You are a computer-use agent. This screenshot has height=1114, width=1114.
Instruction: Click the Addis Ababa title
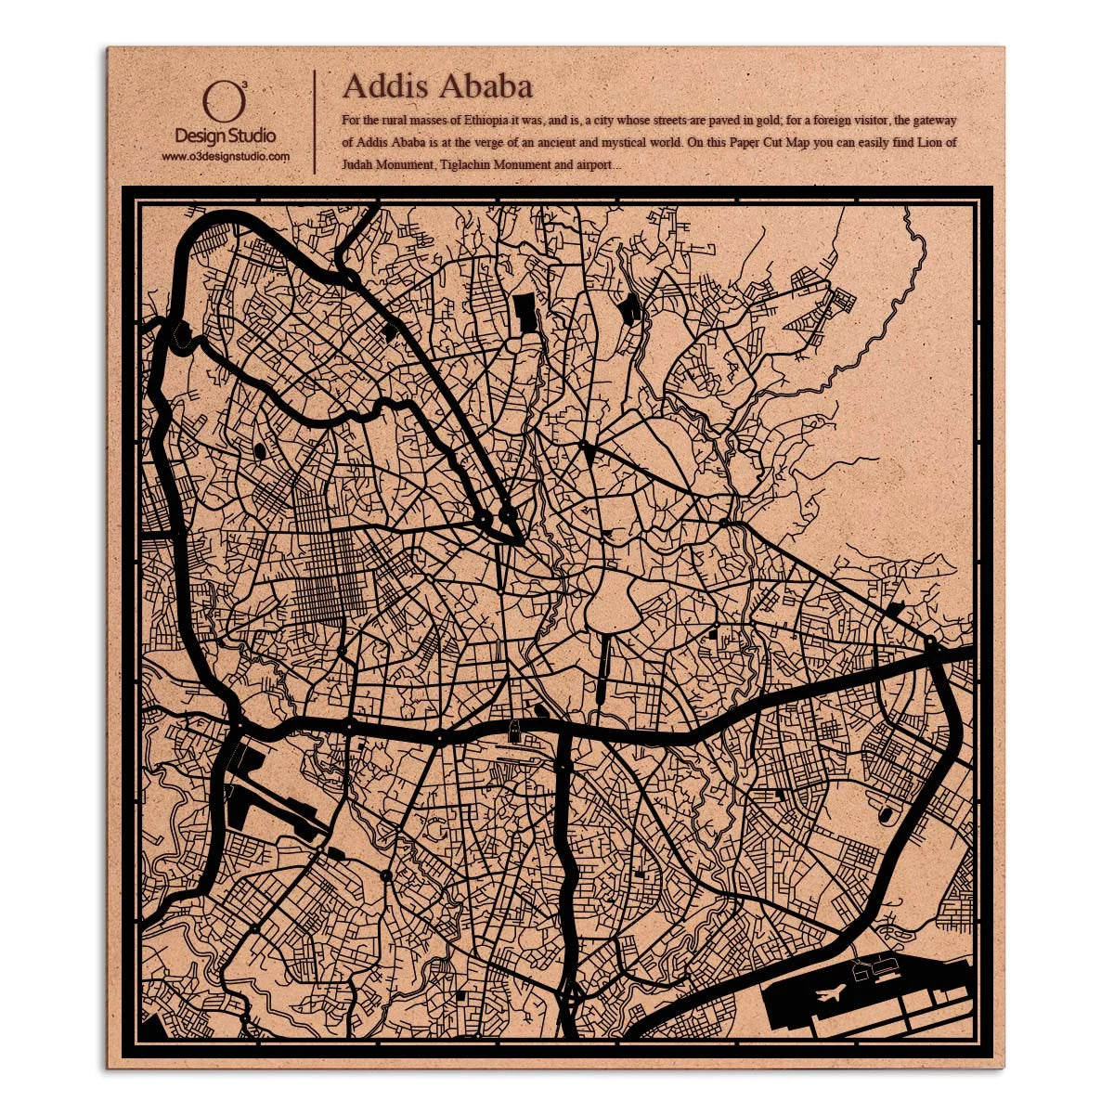[437, 86]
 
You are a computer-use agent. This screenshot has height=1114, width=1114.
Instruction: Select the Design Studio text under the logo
[225, 136]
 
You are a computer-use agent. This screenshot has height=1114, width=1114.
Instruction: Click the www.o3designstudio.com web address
[226, 157]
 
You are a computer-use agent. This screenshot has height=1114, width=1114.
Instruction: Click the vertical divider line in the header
[316, 121]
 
